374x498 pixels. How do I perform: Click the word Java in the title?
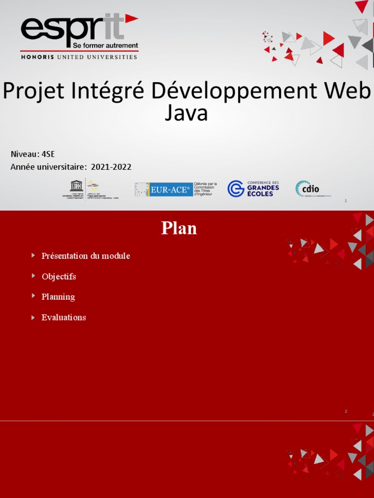[x=187, y=113]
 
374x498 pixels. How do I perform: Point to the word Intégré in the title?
[x=112, y=91]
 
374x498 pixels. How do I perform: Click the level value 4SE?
[x=48, y=154]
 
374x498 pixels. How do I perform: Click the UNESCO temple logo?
[x=76, y=186]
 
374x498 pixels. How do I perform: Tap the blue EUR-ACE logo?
[x=163, y=190]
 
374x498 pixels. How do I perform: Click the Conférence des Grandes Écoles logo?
[x=253, y=188]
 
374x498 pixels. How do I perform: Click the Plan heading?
[x=179, y=228]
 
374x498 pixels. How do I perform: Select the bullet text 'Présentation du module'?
[x=86, y=256]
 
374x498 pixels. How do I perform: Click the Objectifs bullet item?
[x=59, y=276]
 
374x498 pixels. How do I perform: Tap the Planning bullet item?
[x=58, y=297]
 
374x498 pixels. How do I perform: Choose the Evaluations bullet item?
[x=64, y=317]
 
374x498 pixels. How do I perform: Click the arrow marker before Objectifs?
[x=33, y=276]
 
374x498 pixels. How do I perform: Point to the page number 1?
[x=345, y=201]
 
